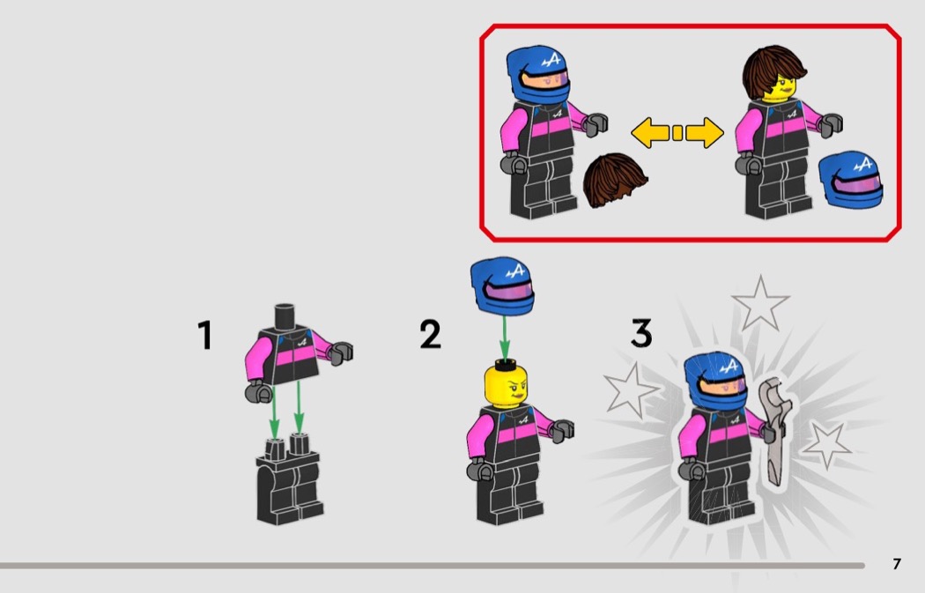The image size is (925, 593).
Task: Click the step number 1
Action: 204,335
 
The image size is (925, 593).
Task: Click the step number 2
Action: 430,334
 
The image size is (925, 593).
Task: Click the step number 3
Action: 641,333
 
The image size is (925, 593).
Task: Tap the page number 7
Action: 897,564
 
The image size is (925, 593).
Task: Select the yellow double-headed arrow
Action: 677,133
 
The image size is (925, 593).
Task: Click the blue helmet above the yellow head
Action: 503,285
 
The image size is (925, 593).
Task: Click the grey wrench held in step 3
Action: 774,431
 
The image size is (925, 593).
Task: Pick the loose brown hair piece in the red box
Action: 614,180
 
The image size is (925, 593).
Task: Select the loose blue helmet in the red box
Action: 851,180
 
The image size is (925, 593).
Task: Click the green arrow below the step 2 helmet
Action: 505,337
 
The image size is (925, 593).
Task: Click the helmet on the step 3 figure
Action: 715,381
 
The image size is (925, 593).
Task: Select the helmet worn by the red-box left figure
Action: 538,74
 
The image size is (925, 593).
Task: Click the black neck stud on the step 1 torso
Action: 285,315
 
